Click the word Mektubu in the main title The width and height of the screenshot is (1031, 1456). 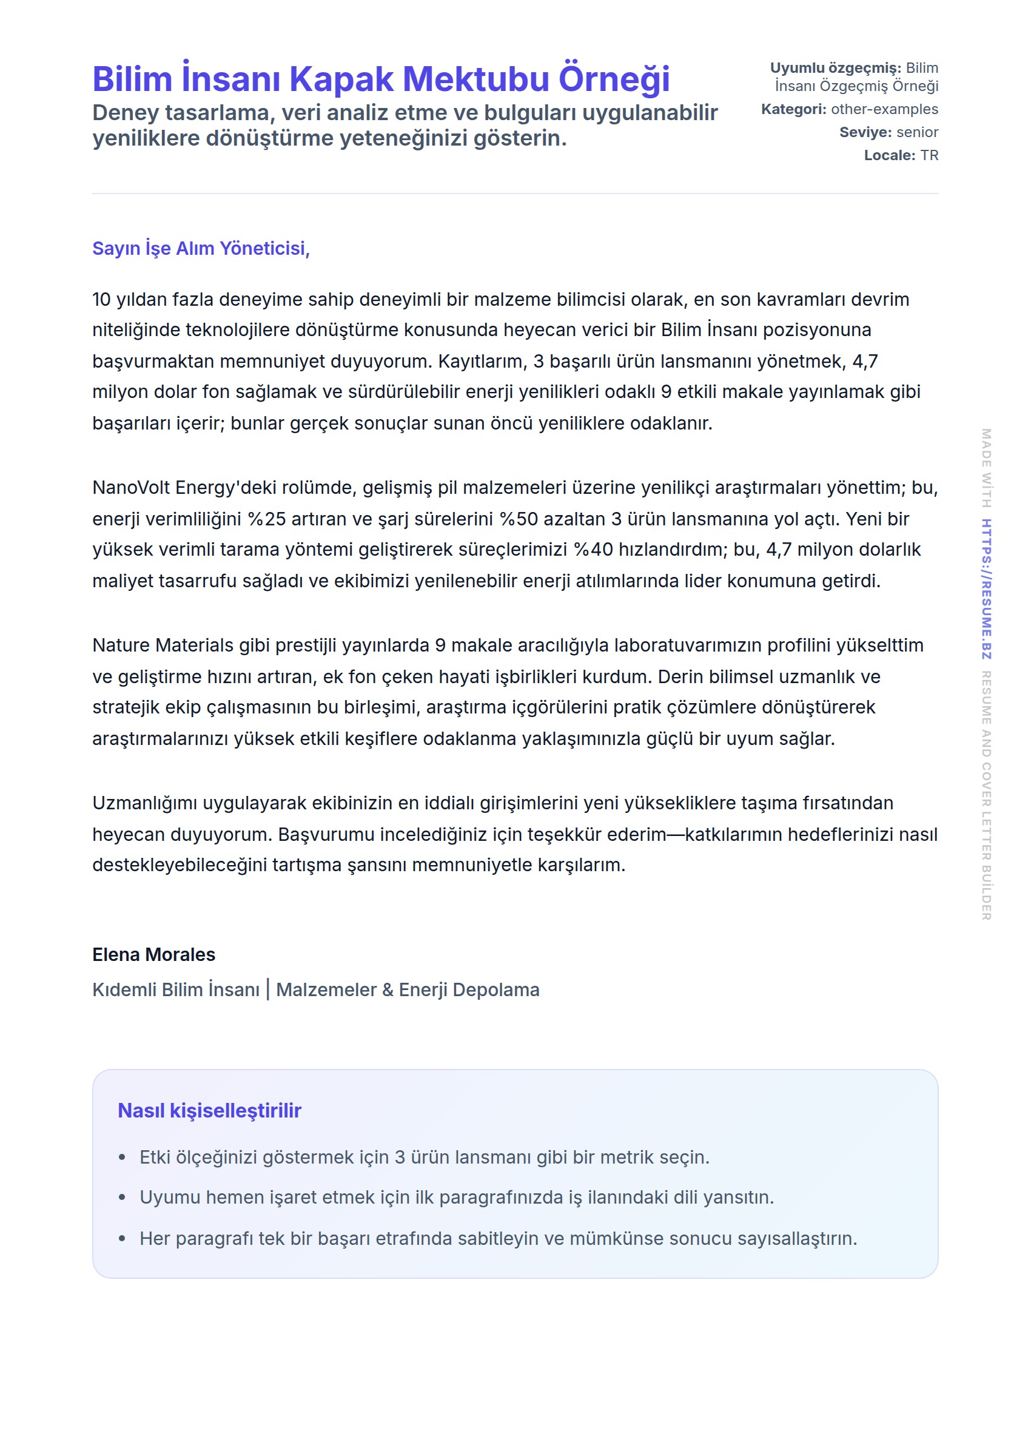point(475,79)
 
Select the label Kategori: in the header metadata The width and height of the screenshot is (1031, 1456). point(793,109)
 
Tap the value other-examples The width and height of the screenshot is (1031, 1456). point(884,109)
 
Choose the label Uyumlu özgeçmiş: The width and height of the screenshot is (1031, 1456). point(835,68)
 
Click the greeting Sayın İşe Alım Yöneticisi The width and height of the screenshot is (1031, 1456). point(201,248)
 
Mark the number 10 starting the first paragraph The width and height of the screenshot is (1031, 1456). point(101,299)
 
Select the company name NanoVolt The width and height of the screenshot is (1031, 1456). point(131,488)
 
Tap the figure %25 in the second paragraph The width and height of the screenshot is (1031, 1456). point(267,519)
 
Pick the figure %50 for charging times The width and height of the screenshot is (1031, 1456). point(519,519)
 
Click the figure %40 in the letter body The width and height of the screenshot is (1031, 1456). point(593,549)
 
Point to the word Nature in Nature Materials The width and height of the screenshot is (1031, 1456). point(121,645)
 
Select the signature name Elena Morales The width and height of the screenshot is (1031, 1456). point(153,954)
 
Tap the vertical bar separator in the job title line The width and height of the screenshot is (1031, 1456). point(268,989)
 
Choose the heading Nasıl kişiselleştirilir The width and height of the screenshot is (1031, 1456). point(209,1111)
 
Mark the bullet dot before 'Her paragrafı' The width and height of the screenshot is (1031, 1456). point(122,1239)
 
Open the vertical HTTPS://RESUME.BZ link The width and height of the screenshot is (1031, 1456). point(986,588)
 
